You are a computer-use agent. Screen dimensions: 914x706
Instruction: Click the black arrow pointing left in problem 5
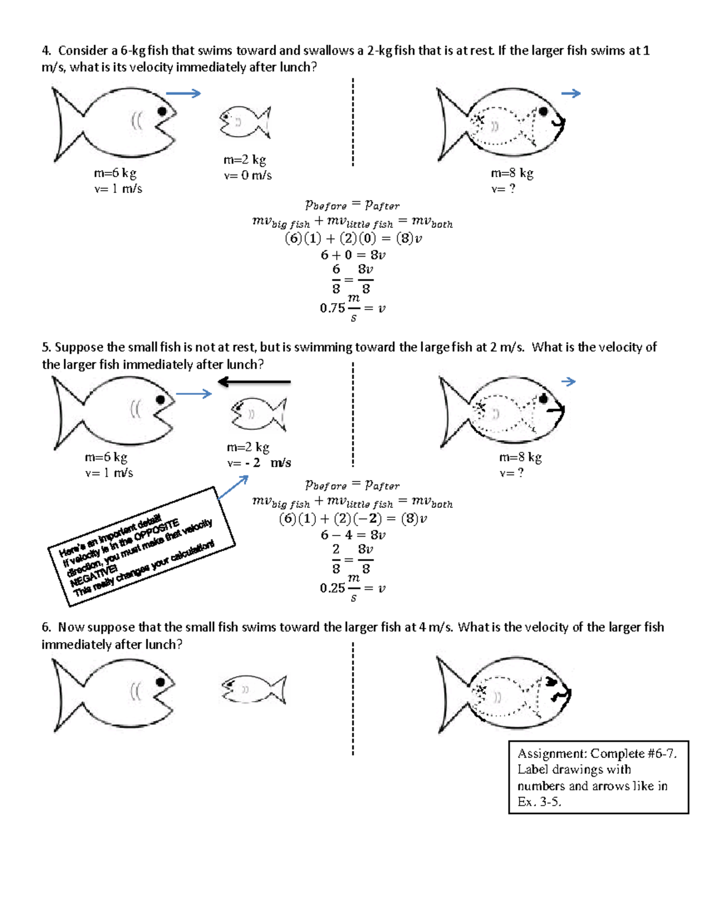coord(254,383)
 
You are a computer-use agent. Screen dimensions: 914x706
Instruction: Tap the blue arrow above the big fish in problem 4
coord(183,93)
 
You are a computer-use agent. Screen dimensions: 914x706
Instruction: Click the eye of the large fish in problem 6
coord(160,682)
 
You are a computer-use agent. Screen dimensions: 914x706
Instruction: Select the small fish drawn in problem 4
coord(245,122)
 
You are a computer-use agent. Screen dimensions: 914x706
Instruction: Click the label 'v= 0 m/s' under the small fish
coord(248,175)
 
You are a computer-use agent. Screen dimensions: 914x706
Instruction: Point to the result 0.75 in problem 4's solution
coord(332,308)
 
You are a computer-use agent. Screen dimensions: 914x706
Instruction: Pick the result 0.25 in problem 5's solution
coord(332,588)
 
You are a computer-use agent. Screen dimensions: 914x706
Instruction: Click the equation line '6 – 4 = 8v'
coord(353,535)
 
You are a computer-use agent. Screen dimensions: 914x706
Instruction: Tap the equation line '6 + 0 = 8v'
coord(353,255)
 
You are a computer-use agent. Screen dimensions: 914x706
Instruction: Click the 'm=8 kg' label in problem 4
coord(512,173)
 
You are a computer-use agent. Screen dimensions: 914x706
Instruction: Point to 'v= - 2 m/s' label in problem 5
coord(259,463)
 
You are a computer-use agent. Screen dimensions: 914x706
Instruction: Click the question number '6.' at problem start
coord(46,627)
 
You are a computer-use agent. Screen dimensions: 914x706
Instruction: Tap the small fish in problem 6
coord(254,689)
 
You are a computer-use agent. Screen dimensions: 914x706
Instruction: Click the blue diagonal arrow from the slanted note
coord(233,487)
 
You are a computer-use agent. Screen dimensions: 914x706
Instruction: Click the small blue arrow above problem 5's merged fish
coord(568,382)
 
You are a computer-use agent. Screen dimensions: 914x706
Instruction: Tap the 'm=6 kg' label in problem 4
coord(115,173)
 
